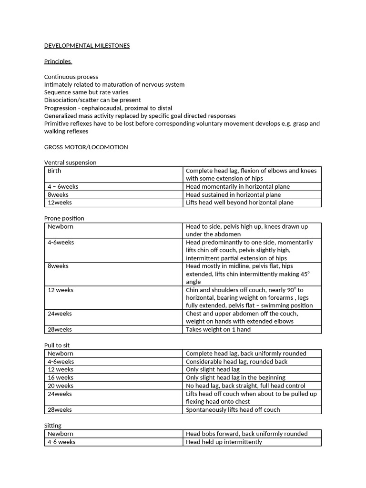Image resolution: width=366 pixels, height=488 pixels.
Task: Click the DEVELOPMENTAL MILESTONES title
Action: pyautogui.click(x=87, y=46)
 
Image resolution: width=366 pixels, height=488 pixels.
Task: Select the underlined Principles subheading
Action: pyautogui.click(x=58, y=61)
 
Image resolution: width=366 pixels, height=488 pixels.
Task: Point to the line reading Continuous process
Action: pyautogui.click(x=71, y=77)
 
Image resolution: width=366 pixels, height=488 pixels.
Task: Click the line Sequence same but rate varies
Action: pyautogui.click(x=86, y=92)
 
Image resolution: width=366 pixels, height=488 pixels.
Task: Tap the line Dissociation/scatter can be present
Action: pyautogui.click(x=92, y=100)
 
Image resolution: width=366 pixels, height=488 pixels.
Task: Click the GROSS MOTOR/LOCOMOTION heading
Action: pyautogui.click(x=86, y=147)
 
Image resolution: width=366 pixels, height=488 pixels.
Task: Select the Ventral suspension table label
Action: pyautogui.click(x=70, y=163)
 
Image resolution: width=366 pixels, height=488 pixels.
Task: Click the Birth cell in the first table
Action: pyautogui.click(x=54, y=171)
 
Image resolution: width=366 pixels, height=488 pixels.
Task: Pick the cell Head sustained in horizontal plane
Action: pyautogui.click(x=233, y=194)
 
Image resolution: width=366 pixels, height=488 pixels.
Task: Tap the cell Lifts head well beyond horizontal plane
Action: pyautogui.click(x=239, y=203)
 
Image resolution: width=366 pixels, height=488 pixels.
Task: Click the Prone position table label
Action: pyautogui.click(x=64, y=218)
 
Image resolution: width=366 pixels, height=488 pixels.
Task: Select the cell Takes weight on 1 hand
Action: pyautogui.click(x=218, y=329)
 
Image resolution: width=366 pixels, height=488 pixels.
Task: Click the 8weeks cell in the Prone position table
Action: pyautogui.click(x=58, y=266)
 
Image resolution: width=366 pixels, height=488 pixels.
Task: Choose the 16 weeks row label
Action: pyautogui.click(x=61, y=377)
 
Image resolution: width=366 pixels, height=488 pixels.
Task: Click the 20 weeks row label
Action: pyautogui.click(x=61, y=386)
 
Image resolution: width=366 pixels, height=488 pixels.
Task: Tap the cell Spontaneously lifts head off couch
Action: pyautogui.click(x=233, y=410)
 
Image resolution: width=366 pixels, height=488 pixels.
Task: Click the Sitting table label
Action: pyautogui.click(x=53, y=426)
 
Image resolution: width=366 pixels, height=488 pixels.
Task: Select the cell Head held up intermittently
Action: pyautogui.click(x=224, y=442)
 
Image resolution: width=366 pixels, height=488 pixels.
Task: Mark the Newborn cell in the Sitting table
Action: pyautogui.click(x=61, y=434)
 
